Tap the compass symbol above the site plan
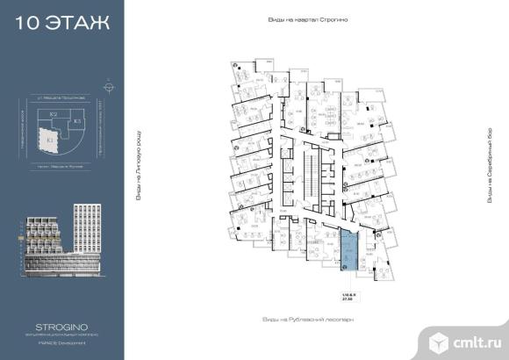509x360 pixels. [107, 88]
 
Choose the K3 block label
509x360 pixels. [77, 120]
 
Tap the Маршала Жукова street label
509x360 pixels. [61, 165]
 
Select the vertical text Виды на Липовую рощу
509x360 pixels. [139, 168]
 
